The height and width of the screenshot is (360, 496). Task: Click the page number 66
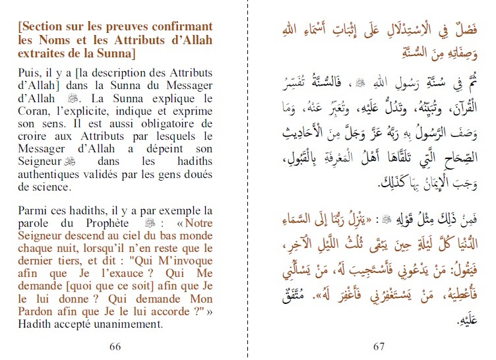(x=115, y=347)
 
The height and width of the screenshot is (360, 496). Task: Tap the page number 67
(x=378, y=347)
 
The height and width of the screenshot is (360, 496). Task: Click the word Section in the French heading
(x=44, y=26)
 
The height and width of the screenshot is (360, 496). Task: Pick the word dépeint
(x=157, y=150)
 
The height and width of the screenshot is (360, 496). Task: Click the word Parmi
(x=33, y=211)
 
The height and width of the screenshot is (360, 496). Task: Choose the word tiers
(x=64, y=262)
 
